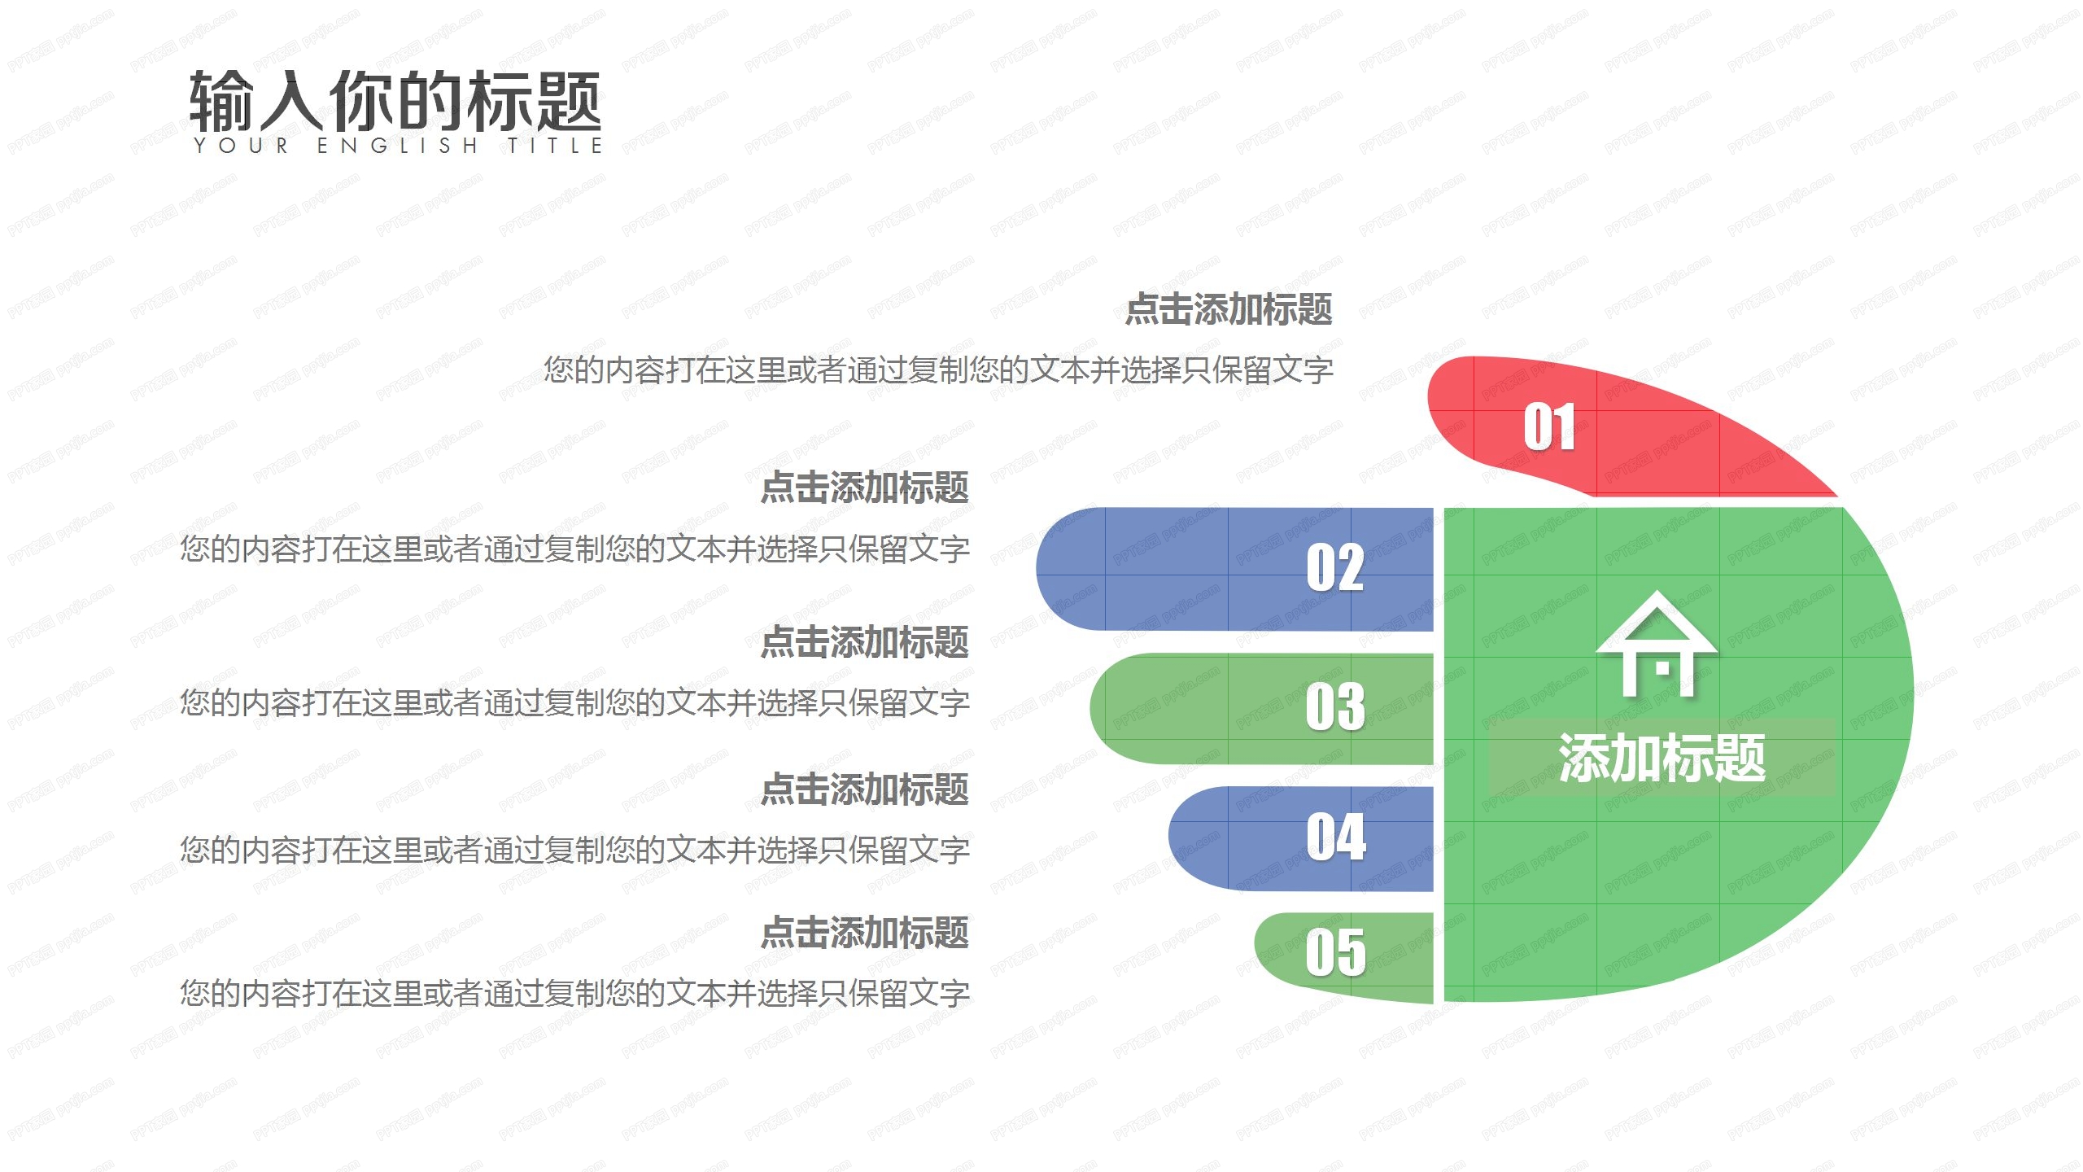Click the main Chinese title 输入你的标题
pos(395,101)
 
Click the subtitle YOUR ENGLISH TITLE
pos(398,146)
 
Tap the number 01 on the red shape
pos(1549,426)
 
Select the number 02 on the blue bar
pos(1335,567)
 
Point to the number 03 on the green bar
pos(1335,706)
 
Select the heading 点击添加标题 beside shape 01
pos(1229,309)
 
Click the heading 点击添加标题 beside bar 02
pos(864,488)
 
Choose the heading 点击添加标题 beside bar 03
pos(864,642)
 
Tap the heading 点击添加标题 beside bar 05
pos(864,933)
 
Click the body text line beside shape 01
pos(938,370)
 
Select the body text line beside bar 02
pos(574,549)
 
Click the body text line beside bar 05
pos(574,994)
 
